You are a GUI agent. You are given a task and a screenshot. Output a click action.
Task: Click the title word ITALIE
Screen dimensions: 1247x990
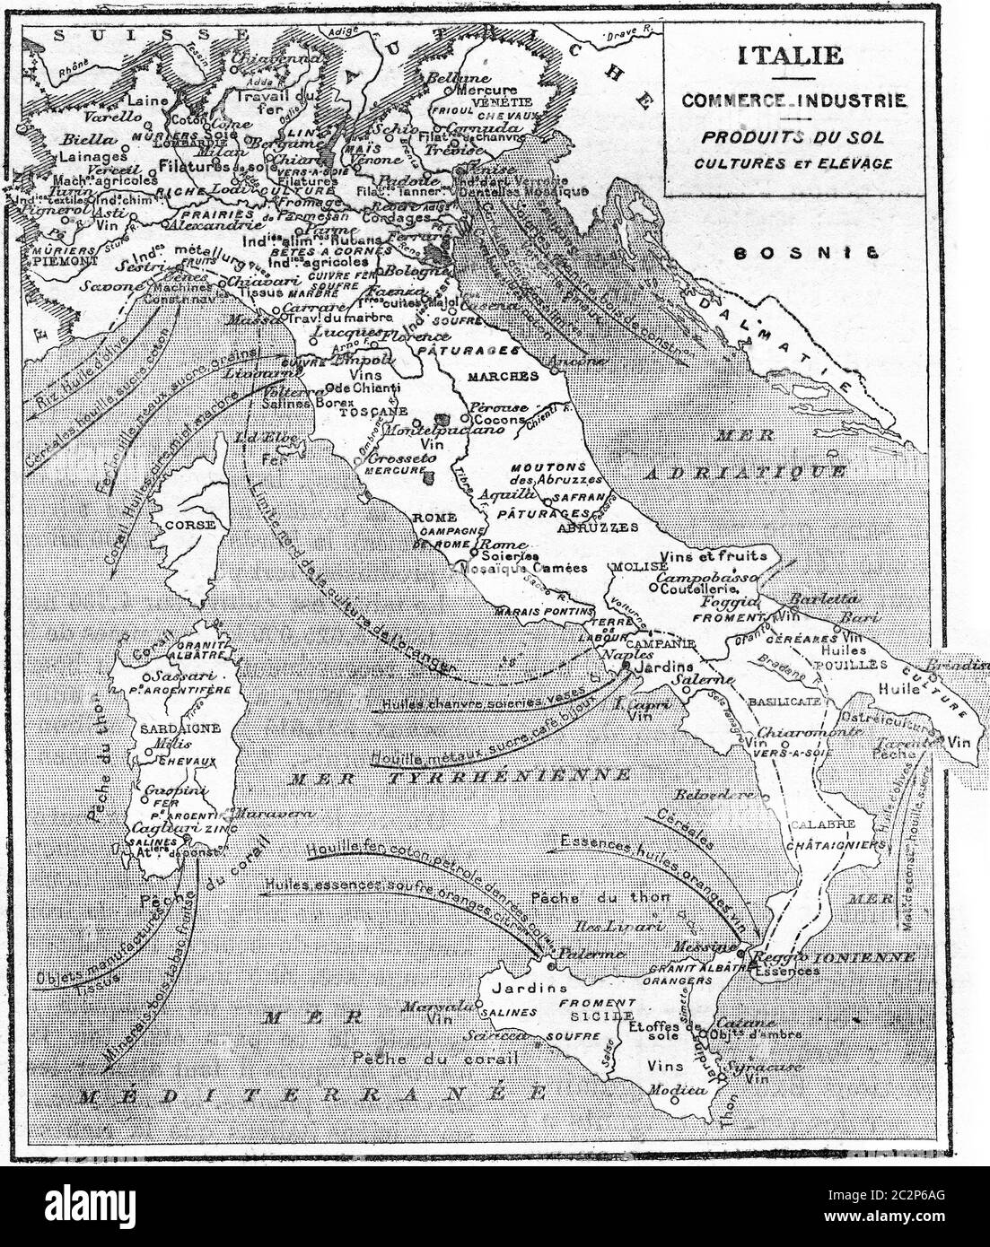coord(790,55)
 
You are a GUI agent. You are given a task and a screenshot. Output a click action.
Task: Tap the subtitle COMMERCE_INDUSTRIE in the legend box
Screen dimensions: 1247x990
coord(793,100)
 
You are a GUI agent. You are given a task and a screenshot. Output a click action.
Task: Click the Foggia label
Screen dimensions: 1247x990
coord(729,603)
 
